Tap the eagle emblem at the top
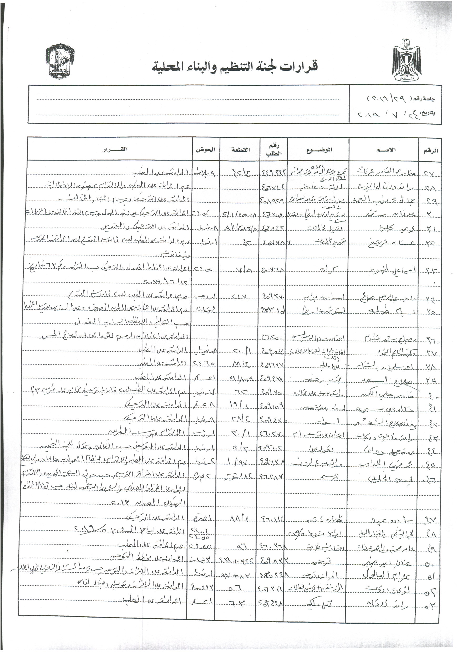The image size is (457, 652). pyautogui.click(x=407, y=60)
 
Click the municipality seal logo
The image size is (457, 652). pyautogui.click(x=60, y=61)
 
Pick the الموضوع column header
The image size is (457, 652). pyautogui.click(x=319, y=150)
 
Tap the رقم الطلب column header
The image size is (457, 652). pyautogui.click(x=274, y=150)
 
